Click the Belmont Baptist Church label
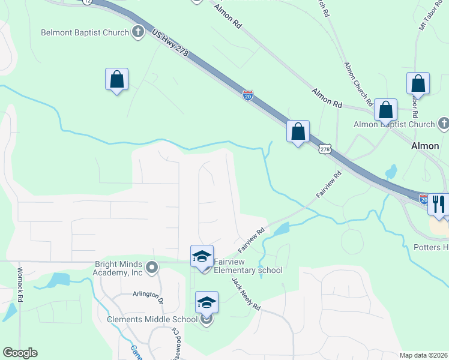point(85,32)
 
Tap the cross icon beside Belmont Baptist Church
point(138,32)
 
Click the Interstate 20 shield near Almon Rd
point(248,94)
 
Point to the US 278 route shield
point(325,149)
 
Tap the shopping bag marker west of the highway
point(116,80)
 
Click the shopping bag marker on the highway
point(298,131)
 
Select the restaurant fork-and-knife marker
point(439,204)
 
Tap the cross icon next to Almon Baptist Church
point(444,124)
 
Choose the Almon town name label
point(426,146)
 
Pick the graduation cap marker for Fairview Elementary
point(202,257)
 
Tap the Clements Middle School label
point(152,319)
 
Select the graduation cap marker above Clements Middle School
point(206,302)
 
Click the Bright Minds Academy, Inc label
point(119,268)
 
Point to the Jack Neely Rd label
point(246,294)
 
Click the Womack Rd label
point(20,289)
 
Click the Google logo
point(20,353)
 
